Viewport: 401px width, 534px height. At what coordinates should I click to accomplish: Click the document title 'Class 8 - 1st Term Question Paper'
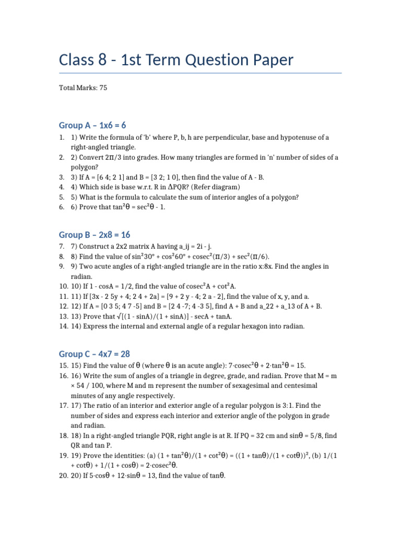[x=176, y=60]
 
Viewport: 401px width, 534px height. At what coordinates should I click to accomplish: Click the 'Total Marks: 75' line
[x=83, y=88]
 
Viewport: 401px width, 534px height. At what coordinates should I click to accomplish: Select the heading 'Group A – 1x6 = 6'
[x=92, y=126]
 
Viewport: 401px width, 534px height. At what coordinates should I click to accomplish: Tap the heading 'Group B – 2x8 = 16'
[x=95, y=235]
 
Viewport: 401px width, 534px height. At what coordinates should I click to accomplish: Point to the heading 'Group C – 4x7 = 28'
[x=95, y=354]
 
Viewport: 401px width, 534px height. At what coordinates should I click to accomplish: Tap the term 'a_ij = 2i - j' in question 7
[x=190, y=246]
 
